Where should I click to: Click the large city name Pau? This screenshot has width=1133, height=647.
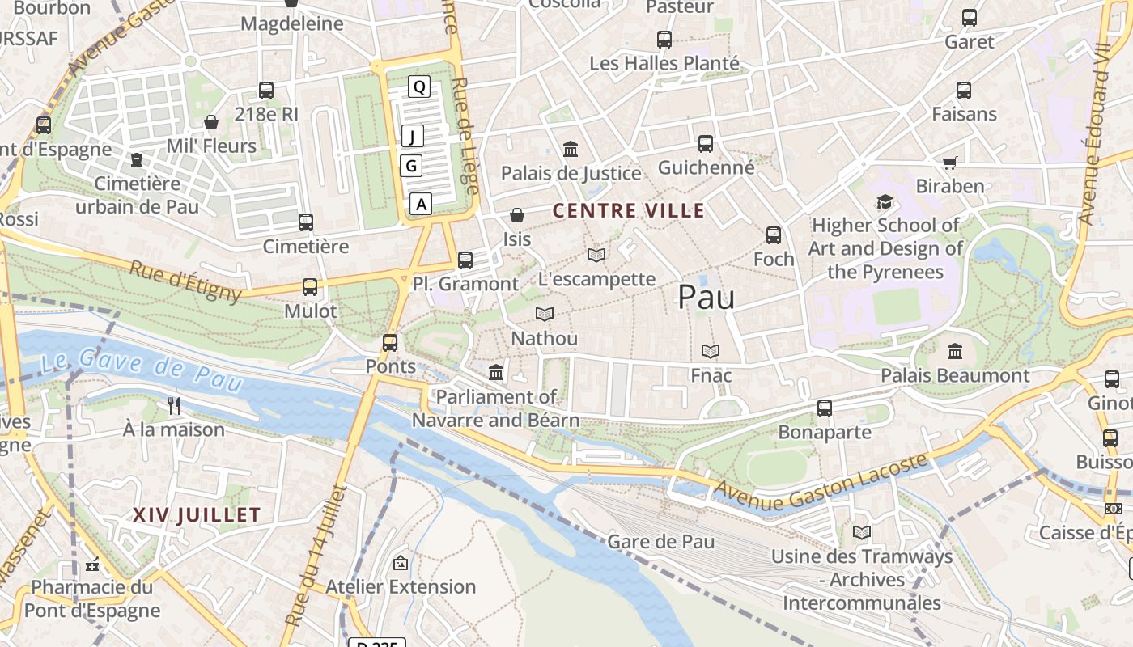pyautogui.click(x=706, y=297)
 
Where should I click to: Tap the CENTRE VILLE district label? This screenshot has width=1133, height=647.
pyautogui.click(x=628, y=211)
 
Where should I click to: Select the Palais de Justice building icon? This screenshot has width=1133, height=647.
pyautogui.click(x=571, y=150)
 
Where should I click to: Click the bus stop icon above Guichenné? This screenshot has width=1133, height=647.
pyautogui.click(x=706, y=144)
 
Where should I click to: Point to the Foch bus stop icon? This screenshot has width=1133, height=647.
pyautogui.click(x=774, y=235)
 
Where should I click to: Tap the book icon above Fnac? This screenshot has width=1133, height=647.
pyautogui.click(x=711, y=351)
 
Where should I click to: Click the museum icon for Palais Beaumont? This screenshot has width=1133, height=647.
pyautogui.click(x=955, y=352)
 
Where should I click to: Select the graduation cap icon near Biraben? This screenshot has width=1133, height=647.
pyautogui.click(x=885, y=201)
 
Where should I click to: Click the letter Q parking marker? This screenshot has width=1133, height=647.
pyautogui.click(x=418, y=87)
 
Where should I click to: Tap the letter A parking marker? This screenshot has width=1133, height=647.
pyautogui.click(x=421, y=204)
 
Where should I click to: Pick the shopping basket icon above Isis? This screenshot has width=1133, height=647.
pyautogui.click(x=517, y=215)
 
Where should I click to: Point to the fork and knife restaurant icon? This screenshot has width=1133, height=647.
pyautogui.click(x=174, y=405)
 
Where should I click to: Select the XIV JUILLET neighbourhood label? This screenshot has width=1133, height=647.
pyautogui.click(x=197, y=514)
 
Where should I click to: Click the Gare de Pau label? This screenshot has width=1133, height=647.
pyautogui.click(x=660, y=541)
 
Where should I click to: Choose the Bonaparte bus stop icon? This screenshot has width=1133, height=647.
pyautogui.click(x=824, y=408)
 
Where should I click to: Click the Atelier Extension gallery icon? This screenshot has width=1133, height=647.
pyautogui.click(x=400, y=563)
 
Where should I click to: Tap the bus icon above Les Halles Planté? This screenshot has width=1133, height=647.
pyautogui.click(x=664, y=40)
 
